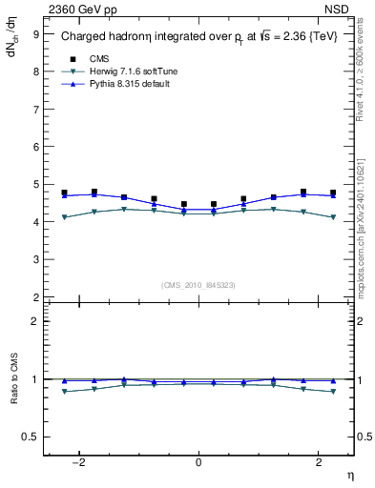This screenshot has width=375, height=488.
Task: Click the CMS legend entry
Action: [x=98, y=58]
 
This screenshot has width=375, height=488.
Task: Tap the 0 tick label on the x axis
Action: [x=198, y=462]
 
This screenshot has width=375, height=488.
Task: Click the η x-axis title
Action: [x=349, y=475]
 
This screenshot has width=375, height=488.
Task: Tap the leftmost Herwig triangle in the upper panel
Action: [x=64, y=217]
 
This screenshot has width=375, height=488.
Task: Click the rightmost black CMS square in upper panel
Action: [x=332, y=193]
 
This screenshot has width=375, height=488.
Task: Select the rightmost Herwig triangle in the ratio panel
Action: [x=332, y=392]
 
